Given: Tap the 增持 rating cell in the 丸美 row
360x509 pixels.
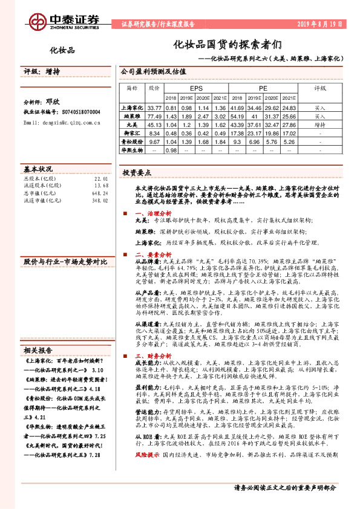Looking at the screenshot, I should pyautogui.click(x=320, y=125).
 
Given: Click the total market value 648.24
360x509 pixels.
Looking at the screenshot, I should pyautogui.click(x=99, y=193).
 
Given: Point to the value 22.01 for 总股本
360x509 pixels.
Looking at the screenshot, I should pyautogui.click(x=100, y=178).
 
